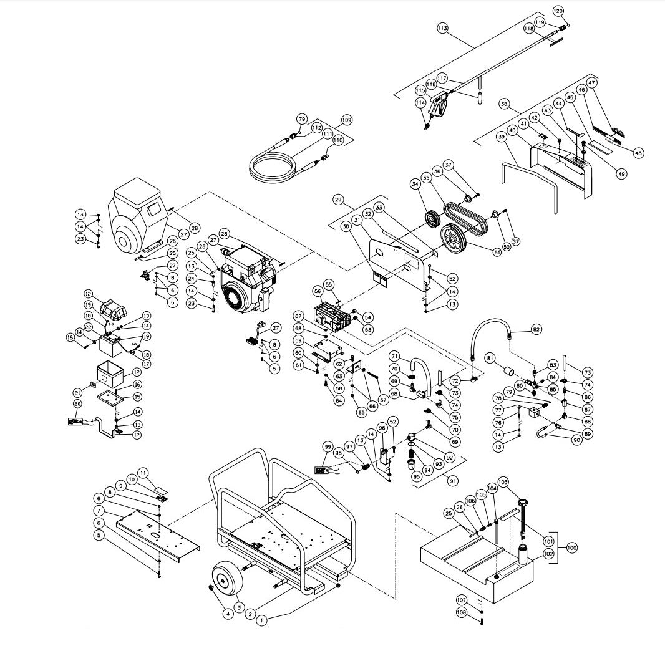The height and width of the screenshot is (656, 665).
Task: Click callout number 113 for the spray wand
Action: (442, 28)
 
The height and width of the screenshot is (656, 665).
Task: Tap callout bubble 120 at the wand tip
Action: (558, 11)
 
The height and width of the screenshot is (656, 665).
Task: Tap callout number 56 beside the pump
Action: (318, 291)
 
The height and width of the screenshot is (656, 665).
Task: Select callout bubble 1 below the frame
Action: (262, 620)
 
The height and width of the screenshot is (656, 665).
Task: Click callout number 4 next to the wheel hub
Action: (228, 614)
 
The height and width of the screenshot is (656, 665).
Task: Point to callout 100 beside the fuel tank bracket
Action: (571, 547)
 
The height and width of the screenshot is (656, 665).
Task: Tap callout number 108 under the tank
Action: (478, 612)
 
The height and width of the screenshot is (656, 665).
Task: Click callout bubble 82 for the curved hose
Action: (536, 328)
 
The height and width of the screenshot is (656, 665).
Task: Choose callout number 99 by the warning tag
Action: (326, 446)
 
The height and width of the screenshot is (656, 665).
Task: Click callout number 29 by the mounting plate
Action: (339, 200)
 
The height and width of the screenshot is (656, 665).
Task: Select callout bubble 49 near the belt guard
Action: (621, 174)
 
